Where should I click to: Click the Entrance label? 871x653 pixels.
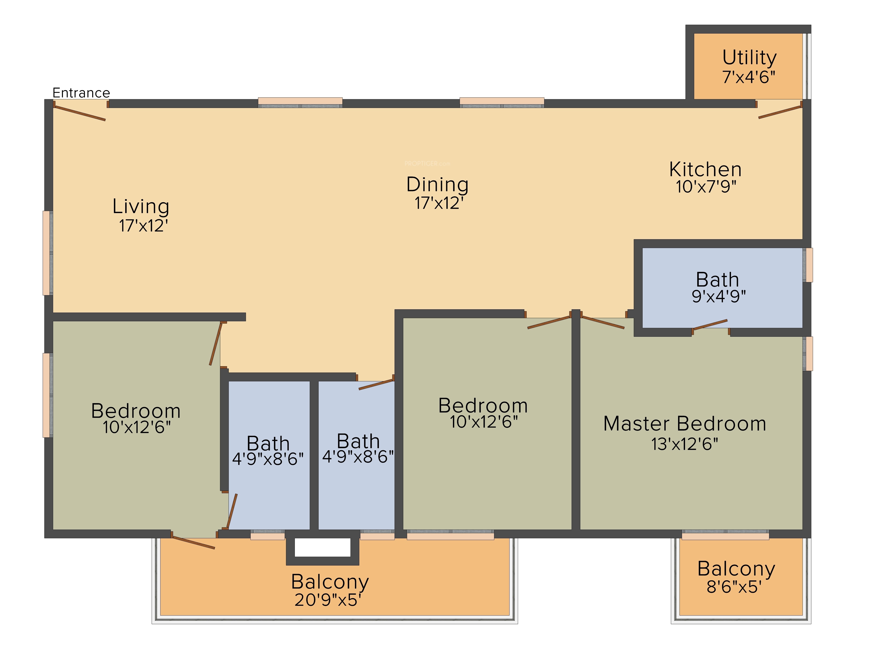[81, 93]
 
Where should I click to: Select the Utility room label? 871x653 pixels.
[749, 58]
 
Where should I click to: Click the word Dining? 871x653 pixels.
[437, 185]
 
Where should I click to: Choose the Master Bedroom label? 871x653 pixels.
[685, 424]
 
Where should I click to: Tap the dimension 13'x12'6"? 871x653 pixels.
[685, 444]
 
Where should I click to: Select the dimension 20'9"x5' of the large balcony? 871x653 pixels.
[328, 600]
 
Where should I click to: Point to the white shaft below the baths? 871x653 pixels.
[322, 547]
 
